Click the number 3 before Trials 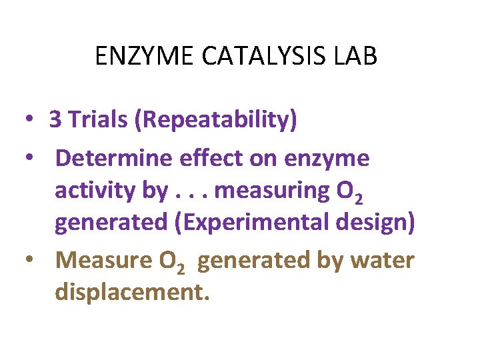pos(55,120)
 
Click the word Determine pos(114,159)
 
